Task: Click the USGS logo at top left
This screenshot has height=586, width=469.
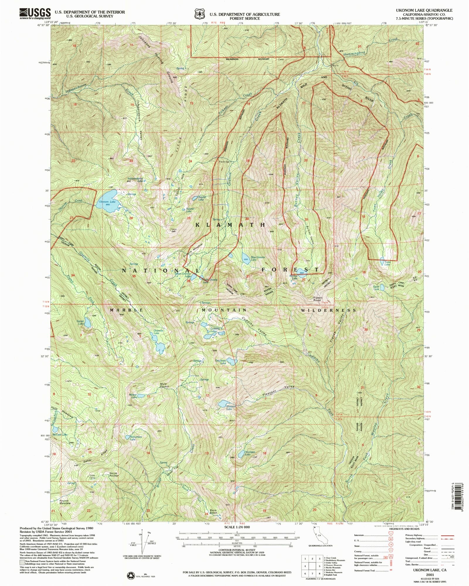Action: [x=35, y=13]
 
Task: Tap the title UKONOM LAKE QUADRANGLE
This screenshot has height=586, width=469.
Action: [x=428, y=10]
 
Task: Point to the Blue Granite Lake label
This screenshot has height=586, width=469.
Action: [x=258, y=258]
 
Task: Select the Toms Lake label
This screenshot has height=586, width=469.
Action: [x=388, y=263]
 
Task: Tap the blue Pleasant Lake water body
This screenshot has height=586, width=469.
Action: [x=225, y=403]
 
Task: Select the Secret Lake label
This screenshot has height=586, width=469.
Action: [x=80, y=322]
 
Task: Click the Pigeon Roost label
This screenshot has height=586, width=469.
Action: [x=318, y=299]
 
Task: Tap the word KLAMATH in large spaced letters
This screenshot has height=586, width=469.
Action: [x=231, y=225]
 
